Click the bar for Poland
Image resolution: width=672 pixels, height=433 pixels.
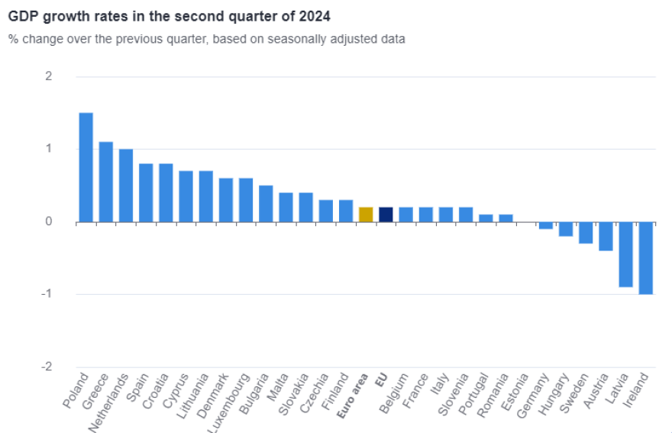click(86, 167)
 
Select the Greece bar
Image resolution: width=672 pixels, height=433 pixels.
click(106, 182)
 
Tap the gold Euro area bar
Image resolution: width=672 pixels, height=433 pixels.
click(366, 215)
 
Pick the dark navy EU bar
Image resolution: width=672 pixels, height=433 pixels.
click(386, 215)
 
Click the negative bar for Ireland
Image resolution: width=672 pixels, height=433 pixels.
click(646, 258)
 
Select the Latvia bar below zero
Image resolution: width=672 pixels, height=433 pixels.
click(625, 254)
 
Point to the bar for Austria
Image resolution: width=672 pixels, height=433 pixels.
click(606, 236)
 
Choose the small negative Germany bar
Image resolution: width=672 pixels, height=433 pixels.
click(545, 225)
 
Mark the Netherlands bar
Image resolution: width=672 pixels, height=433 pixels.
click(126, 186)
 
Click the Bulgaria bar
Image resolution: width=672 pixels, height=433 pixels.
click(266, 203)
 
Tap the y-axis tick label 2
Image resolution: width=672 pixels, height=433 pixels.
click(49, 76)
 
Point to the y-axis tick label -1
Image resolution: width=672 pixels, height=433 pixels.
click(47, 295)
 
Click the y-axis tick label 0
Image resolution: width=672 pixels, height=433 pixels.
click(49, 222)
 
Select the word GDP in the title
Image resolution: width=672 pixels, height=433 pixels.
click(22, 15)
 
